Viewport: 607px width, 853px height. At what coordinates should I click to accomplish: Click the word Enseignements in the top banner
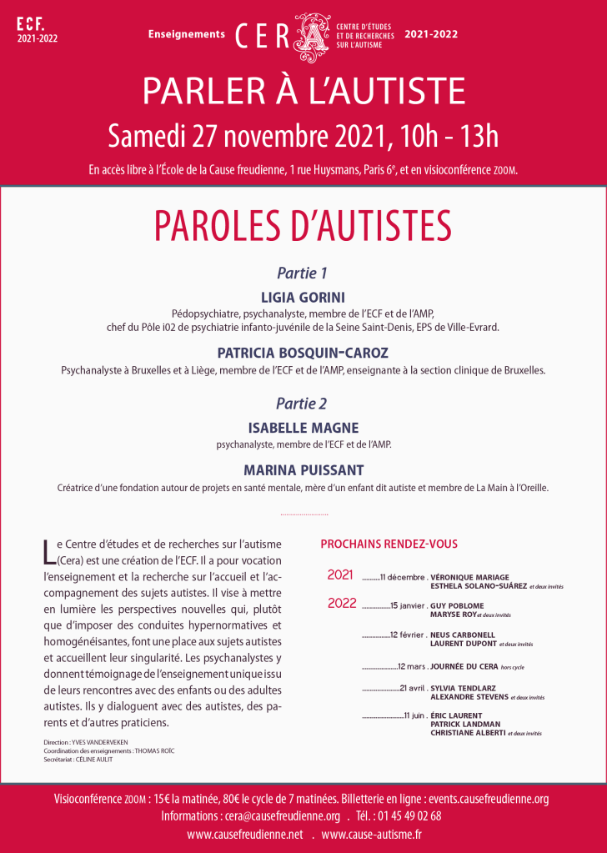187,34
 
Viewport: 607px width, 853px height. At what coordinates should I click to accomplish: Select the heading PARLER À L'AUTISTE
303,90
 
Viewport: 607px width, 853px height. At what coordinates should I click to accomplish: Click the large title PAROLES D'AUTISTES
303,225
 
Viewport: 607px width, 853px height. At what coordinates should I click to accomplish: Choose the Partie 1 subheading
302,273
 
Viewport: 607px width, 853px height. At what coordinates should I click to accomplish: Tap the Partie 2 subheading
302,404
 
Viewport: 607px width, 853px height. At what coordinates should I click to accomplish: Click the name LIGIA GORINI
303,296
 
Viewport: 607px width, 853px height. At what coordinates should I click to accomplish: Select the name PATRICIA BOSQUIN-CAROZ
303,353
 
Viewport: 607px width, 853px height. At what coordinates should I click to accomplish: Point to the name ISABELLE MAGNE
303,428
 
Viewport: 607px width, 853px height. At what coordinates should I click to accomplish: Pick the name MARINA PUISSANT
303,470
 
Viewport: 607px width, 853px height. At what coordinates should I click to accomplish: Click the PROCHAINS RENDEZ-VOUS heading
389,544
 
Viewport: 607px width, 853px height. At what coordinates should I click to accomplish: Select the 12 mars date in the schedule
412,667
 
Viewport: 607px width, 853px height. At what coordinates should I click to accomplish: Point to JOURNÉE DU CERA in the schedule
464,667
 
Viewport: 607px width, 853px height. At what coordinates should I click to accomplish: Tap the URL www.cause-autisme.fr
371,835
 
